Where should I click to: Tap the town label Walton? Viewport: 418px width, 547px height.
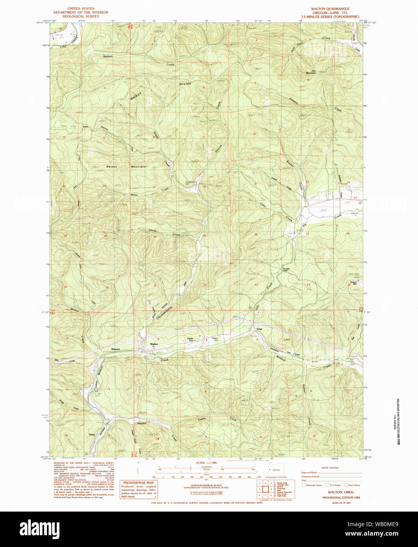pos(154,344)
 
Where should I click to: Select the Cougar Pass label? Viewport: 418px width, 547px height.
pos(287,270)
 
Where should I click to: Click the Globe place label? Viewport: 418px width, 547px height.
pos(92,434)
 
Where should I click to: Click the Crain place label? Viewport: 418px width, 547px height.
pos(259,329)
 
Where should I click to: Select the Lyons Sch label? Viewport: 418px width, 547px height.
pos(191,339)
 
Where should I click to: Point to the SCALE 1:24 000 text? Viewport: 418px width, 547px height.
pos(208,463)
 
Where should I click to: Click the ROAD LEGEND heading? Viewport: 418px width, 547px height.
pos(330,468)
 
